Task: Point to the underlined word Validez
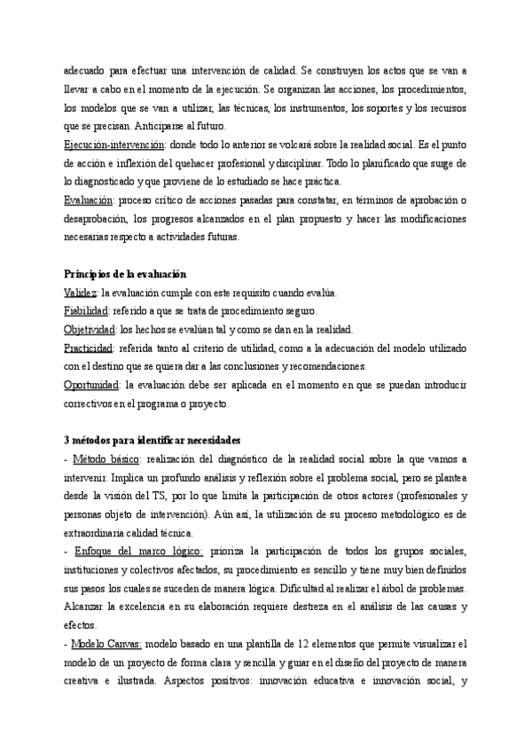(80, 293)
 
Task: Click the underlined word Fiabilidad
(86, 310)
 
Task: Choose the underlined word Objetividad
(90, 329)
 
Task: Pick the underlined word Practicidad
(89, 348)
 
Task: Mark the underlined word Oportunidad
(92, 385)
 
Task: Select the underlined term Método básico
(105, 458)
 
